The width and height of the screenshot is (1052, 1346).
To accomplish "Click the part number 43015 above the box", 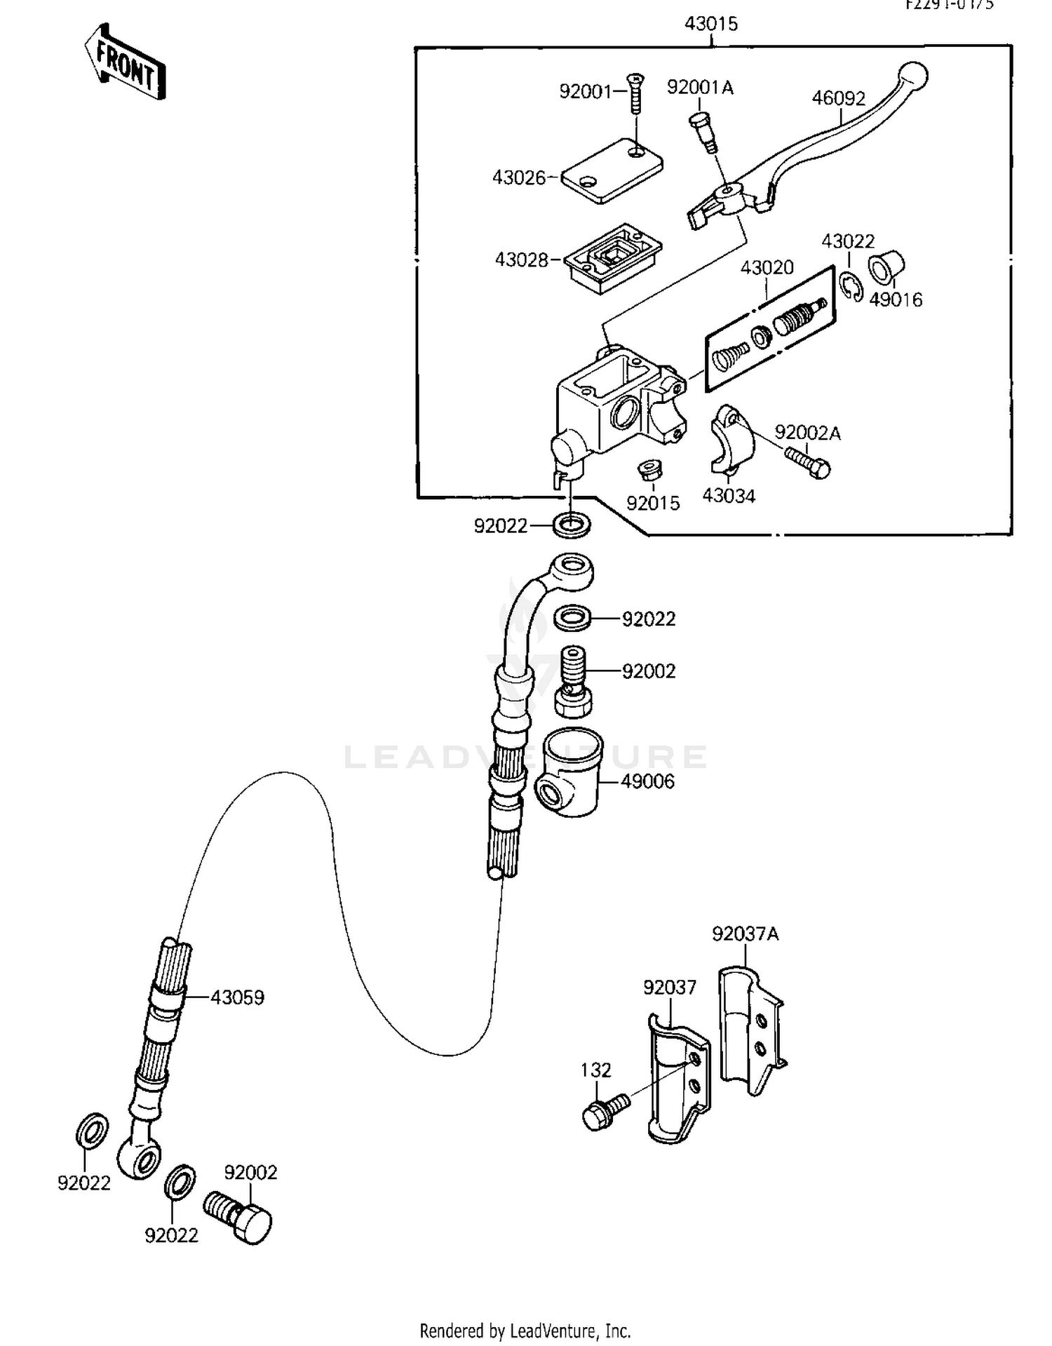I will [x=710, y=24].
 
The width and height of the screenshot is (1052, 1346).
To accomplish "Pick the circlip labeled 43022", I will [x=851, y=287].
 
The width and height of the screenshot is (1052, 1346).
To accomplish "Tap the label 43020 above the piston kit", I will [x=767, y=267].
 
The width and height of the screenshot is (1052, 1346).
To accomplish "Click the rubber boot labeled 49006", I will [x=569, y=772].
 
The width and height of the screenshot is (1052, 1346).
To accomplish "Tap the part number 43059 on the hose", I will [x=237, y=997].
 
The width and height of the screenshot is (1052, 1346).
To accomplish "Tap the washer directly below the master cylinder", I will [x=571, y=524].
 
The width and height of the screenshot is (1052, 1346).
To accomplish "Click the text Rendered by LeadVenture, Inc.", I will [x=525, y=1330].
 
